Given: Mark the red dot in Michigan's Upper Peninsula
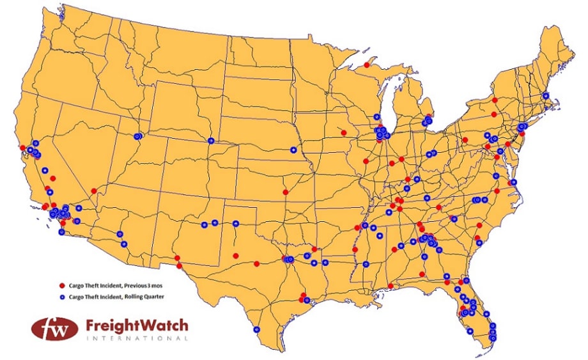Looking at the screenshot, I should (366, 65).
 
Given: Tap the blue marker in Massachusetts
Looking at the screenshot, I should (545, 95).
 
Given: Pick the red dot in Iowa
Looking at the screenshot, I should (344, 133).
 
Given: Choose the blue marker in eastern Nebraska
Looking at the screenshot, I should (293, 150).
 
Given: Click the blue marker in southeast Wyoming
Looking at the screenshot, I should (211, 141).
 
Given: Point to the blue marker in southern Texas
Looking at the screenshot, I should (256, 330).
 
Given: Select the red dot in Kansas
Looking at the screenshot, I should (285, 192).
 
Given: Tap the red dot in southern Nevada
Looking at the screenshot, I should (94, 191).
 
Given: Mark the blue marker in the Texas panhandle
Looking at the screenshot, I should (235, 224).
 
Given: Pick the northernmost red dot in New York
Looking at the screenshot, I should (495, 100).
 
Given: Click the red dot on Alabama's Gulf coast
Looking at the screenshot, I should (390, 286).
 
